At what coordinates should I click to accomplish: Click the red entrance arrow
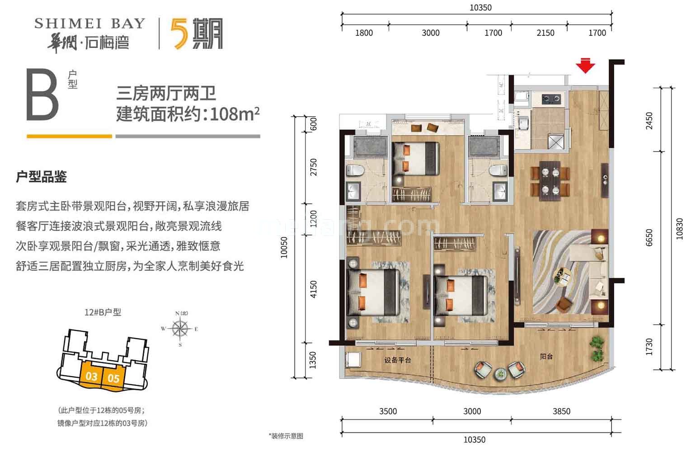point(585,66)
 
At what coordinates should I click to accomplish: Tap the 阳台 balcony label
point(546,357)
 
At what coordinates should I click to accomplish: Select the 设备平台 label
point(398,360)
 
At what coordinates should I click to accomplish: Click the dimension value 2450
point(649,121)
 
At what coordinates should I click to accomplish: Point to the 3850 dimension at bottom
point(561,411)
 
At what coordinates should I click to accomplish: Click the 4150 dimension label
point(313,289)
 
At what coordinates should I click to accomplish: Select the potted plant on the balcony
point(598,347)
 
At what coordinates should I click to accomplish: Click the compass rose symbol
point(180,329)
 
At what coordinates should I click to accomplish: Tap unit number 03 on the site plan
point(92,376)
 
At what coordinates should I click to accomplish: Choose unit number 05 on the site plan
point(113,377)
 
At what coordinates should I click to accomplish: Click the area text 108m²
point(235,113)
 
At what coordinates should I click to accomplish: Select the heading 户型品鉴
point(41,177)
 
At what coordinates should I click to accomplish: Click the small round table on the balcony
point(500,374)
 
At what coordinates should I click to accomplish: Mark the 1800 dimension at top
point(364,33)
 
